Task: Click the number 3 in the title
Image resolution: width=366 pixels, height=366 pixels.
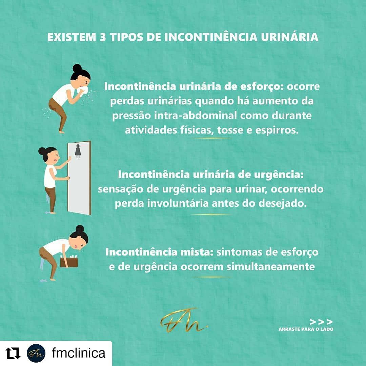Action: (x=103, y=37)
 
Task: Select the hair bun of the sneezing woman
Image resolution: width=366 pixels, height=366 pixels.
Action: (x=77, y=68)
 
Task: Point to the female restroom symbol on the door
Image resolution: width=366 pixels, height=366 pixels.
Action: (x=78, y=151)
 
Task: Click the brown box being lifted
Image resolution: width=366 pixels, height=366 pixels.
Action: (x=69, y=262)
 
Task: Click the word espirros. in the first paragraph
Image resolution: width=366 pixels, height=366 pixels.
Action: (x=277, y=130)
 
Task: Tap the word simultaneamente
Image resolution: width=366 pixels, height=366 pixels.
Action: (x=270, y=267)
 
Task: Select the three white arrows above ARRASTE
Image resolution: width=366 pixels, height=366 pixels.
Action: (x=321, y=322)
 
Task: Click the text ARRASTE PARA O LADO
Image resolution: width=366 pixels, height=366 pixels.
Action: (x=306, y=329)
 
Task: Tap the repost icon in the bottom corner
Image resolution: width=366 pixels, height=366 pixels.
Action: (x=13, y=353)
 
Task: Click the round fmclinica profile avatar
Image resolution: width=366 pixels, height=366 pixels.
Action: (x=36, y=353)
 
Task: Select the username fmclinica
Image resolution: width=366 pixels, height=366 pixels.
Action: (x=79, y=353)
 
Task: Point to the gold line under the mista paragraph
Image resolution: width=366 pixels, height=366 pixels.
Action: (x=211, y=277)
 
